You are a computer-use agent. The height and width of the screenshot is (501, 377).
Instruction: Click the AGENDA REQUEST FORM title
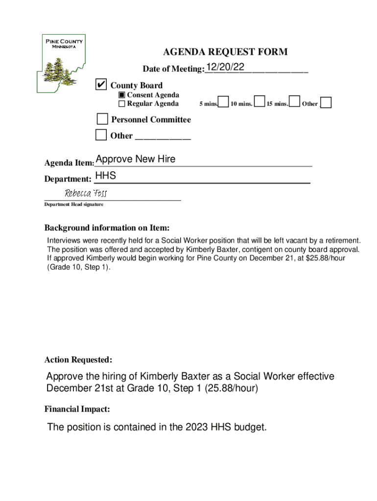(225, 52)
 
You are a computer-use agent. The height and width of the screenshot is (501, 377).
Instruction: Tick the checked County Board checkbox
(101, 85)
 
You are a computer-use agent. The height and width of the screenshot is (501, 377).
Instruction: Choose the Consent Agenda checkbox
(122, 95)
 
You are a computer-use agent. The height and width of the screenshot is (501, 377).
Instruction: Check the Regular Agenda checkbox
(122, 104)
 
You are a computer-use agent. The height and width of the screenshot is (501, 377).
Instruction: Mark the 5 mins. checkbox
(223, 102)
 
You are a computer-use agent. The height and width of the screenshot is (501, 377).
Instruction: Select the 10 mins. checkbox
(260, 102)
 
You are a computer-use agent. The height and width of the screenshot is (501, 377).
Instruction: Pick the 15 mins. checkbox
(295, 102)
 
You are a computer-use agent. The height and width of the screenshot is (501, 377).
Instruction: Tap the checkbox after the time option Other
(326, 103)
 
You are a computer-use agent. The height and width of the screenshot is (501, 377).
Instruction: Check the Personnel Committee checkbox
(102, 119)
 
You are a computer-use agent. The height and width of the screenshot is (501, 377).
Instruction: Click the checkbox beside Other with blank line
(101, 135)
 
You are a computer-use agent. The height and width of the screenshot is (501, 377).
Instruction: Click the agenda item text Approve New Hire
(136, 159)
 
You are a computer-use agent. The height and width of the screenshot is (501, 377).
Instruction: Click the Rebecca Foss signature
(86, 193)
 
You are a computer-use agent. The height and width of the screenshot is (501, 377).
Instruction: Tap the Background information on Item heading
(107, 228)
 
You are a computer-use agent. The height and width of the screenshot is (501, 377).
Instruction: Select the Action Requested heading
(78, 360)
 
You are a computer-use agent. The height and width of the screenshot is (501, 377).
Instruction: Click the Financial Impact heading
(77, 409)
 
